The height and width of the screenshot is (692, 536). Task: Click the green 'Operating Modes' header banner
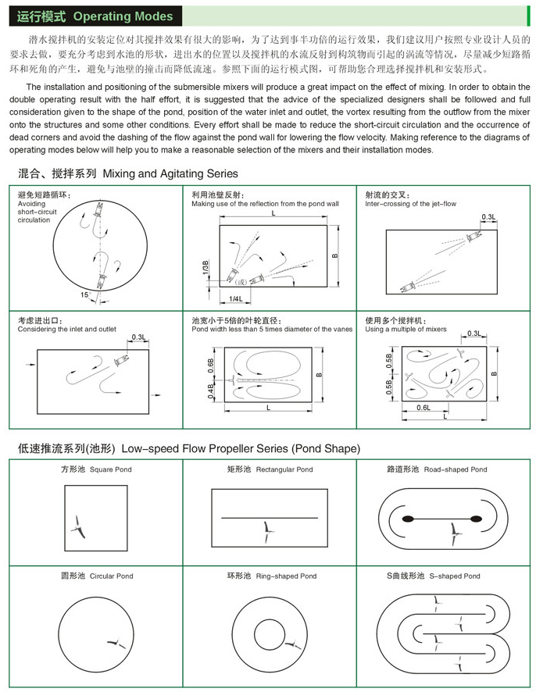pos(93,15)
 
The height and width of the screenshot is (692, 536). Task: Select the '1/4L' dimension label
pos(235,298)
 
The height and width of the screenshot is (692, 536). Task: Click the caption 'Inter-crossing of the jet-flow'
pos(410,204)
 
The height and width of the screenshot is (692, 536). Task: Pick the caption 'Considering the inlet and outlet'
pos(66,330)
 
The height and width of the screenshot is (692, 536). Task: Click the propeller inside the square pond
pos(78,525)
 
